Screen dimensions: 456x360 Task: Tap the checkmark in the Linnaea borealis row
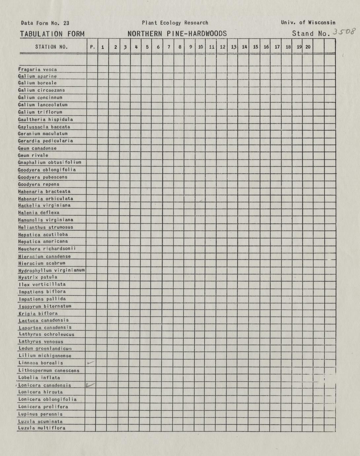(x=90, y=363)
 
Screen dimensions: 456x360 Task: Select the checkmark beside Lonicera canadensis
(x=90, y=385)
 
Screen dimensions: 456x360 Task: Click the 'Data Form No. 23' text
(x=45, y=23)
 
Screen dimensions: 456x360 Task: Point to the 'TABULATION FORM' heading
(x=52, y=34)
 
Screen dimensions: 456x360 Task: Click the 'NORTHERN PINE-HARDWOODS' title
(x=177, y=34)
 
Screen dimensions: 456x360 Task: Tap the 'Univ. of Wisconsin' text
(x=308, y=23)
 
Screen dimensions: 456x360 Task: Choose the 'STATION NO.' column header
(x=52, y=47)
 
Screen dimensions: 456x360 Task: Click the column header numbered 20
(x=308, y=47)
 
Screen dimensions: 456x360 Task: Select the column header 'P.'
(x=92, y=47)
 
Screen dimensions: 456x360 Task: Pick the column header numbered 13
(x=234, y=47)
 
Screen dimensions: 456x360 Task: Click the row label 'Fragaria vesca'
(x=38, y=69)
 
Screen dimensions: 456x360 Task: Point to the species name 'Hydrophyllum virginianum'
(x=52, y=270)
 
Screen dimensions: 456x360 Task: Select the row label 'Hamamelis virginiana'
(x=46, y=220)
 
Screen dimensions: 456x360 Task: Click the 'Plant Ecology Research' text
(x=175, y=23)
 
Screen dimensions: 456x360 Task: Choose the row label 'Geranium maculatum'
(x=43, y=133)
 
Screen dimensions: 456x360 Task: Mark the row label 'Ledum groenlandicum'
(x=45, y=348)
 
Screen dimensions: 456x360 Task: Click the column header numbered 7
(x=169, y=47)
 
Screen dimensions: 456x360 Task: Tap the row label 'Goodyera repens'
(x=39, y=184)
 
